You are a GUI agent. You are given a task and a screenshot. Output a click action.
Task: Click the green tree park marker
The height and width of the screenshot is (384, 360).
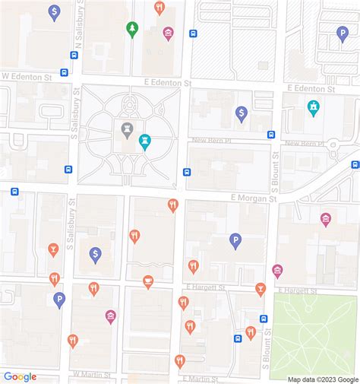(x=132, y=28)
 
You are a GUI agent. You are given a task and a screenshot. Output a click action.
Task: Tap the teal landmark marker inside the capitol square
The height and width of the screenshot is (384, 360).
(x=144, y=141)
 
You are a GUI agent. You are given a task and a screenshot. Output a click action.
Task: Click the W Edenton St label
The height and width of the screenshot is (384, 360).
(x=26, y=76)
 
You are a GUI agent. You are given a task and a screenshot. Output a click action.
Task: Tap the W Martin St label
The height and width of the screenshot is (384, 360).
(x=92, y=375)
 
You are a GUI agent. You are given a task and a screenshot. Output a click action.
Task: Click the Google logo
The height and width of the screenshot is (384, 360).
(x=20, y=376)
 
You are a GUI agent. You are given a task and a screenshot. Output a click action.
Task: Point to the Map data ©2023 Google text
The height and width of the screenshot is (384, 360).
(x=323, y=379)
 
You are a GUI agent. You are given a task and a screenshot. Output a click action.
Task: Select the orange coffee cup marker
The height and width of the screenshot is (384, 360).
(x=148, y=281)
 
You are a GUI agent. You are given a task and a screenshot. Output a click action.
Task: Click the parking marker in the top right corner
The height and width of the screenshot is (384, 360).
(x=343, y=33)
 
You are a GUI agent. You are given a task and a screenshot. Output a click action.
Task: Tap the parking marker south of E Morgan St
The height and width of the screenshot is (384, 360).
(x=235, y=240)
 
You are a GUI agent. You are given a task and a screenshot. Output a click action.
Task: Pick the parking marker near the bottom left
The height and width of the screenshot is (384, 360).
(x=59, y=300)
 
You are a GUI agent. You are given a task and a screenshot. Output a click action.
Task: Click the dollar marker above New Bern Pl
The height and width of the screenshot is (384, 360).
(x=242, y=113)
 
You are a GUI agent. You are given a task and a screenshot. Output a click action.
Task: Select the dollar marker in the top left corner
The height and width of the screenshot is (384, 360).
(x=54, y=11)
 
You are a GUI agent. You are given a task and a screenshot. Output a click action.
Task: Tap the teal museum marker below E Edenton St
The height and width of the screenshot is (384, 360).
(x=313, y=108)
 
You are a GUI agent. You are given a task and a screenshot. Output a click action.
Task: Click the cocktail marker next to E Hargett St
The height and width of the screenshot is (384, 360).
(x=261, y=289)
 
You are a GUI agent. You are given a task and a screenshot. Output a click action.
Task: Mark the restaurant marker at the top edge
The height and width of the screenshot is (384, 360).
(x=159, y=8)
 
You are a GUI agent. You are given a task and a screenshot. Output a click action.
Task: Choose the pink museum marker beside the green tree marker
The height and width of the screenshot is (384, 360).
(x=168, y=33)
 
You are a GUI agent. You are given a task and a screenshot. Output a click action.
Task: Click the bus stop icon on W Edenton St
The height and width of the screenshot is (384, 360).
(x=64, y=73)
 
